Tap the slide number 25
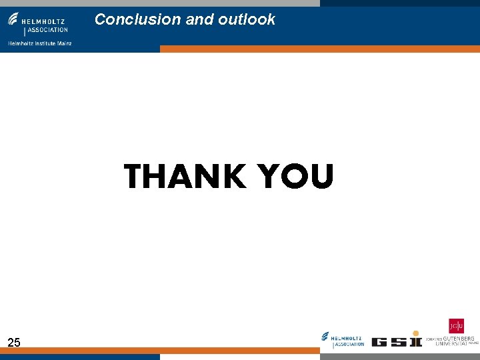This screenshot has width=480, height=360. pos(14,343)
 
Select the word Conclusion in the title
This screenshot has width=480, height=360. pos(138,19)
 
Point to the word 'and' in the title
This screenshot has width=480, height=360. pos(199,19)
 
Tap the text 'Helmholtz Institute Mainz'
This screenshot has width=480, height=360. pos(39,43)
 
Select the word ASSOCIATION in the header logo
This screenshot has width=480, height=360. pos(47,29)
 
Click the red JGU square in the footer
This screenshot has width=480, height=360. pos(456,326)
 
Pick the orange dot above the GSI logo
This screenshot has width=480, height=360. pos(417,333)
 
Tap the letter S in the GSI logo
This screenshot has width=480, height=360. pos(399,342)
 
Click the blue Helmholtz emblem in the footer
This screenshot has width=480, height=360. pos(325,337)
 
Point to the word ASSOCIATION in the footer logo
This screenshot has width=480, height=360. pos(349,344)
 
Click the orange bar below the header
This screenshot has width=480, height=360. pos(320,49)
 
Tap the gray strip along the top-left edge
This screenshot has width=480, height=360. pos(160,3)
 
